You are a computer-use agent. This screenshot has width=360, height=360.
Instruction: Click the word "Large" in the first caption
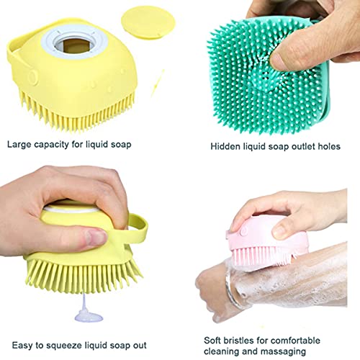coord(20,144)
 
